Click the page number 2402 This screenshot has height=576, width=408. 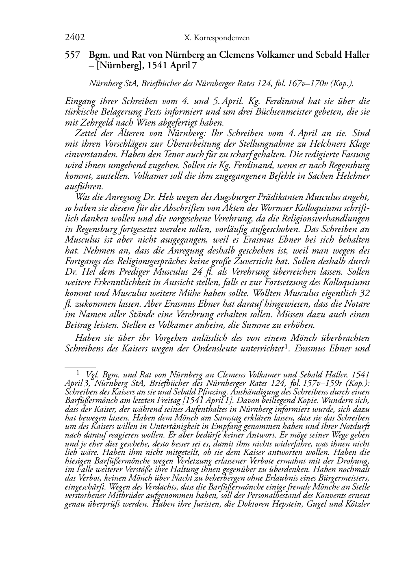(x=74, y=38)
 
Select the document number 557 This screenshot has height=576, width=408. (x=72, y=55)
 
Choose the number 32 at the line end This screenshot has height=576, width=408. (x=365, y=293)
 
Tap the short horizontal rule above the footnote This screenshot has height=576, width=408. (x=80, y=367)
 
